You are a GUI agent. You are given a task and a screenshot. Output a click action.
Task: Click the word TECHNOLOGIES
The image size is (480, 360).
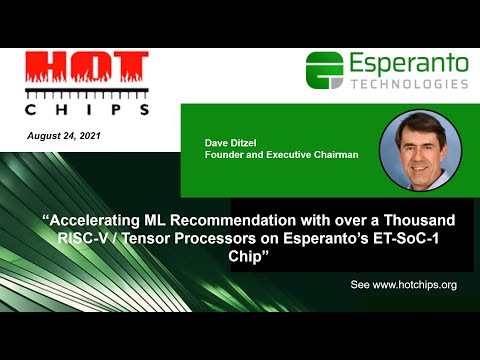pos(408,85)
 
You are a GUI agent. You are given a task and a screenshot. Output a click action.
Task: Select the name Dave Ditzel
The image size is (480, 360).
pos(232,145)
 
